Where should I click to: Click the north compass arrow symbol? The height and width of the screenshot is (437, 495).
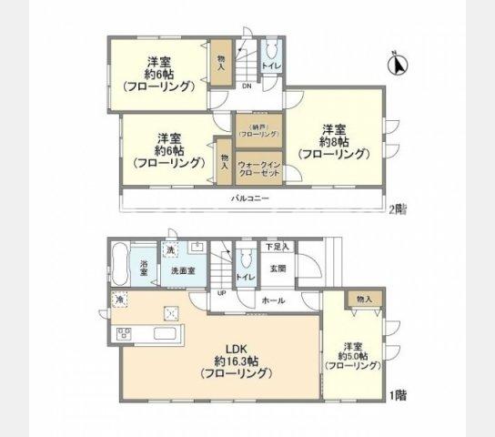coord(399,65)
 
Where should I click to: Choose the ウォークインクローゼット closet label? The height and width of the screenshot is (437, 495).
coord(258,167)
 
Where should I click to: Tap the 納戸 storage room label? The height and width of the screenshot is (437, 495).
coord(258,130)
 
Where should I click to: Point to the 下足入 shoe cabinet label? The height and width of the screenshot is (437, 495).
coord(277,247)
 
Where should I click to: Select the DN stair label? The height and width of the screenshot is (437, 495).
coord(247,86)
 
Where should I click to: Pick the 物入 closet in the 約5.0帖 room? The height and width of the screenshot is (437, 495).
coord(363,300)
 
